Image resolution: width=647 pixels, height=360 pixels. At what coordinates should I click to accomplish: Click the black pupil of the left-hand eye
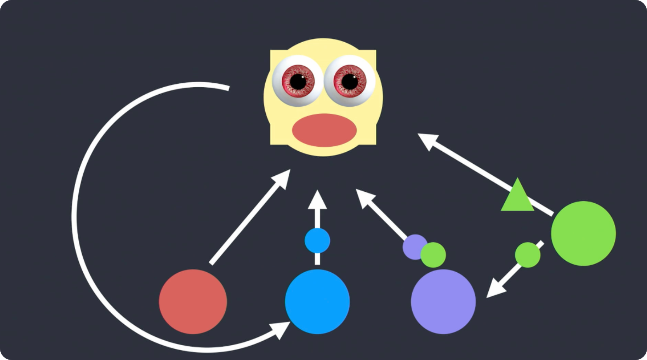coord(298,81)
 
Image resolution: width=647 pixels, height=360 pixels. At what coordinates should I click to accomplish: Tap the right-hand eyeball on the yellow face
coord(349,81)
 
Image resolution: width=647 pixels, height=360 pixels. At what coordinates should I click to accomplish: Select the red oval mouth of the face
coord(324,130)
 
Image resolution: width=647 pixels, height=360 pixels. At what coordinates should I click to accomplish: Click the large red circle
coord(193,301)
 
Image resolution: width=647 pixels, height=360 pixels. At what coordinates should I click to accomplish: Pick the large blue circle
coord(317,301)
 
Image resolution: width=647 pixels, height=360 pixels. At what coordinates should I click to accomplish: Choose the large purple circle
coord(443,301)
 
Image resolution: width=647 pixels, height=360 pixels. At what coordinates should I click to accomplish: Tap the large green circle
coord(583,233)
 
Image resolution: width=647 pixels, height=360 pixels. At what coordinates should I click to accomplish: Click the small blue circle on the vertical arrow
coord(317,241)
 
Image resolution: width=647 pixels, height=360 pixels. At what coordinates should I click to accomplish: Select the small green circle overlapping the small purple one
coord(433,255)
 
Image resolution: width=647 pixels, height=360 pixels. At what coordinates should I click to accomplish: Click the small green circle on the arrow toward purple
coord(528,255)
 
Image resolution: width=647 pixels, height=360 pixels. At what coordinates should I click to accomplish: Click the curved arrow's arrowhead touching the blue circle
coord(281,329)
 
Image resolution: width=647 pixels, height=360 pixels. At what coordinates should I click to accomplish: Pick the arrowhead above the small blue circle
coord(317,200)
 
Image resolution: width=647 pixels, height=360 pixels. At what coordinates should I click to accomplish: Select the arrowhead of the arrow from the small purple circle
coord(363,197)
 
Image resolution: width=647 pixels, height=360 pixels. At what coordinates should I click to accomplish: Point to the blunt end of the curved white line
coord(228,88)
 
